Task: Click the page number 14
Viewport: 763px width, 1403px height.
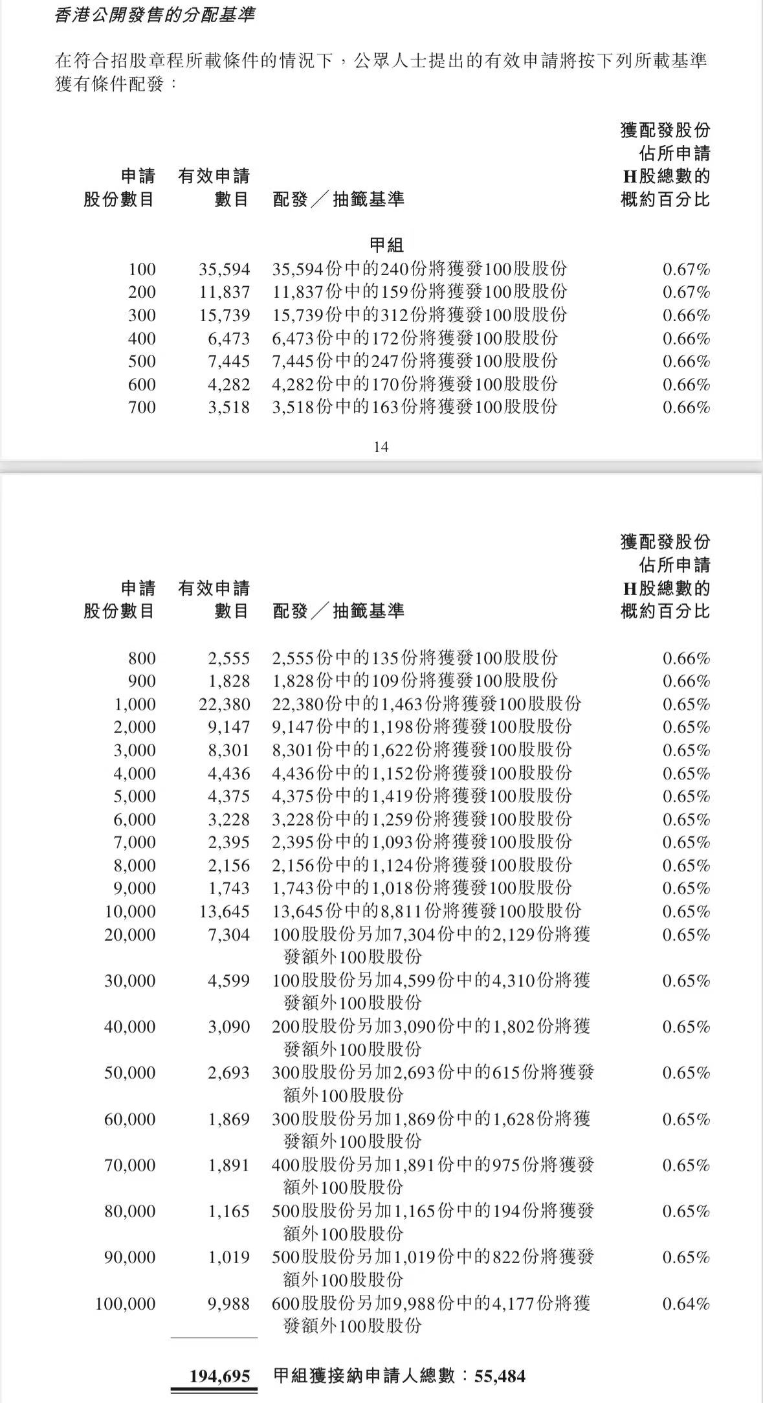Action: (381, 447)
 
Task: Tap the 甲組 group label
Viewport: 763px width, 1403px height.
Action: (386, 245)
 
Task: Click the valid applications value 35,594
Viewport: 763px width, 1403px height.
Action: (224, 269)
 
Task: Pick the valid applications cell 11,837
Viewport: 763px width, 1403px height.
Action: (224, 292)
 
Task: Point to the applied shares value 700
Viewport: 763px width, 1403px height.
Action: (142, 407)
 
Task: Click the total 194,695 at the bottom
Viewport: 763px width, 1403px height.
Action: (219, 1376)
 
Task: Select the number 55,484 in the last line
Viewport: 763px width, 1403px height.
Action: (500, 1376)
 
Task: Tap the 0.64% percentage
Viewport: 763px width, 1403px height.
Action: (686, 1304)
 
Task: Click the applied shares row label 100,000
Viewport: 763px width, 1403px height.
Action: (126, 1304)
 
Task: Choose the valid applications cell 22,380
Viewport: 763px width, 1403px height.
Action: (224, 704)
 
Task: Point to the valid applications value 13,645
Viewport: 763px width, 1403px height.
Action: (224, 912)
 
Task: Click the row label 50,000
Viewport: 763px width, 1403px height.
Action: (130, 1073)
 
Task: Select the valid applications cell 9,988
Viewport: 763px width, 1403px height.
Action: (228, 1304)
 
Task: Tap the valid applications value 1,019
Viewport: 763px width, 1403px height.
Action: (228, 1257)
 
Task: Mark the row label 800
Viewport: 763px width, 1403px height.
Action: (142, 658)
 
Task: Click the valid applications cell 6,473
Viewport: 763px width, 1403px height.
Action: (228, 339)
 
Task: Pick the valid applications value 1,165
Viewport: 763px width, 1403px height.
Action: (228, 1211)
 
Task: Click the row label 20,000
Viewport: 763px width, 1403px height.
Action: (130, 935)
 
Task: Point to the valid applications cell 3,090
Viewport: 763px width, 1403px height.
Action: (228, 1027)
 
